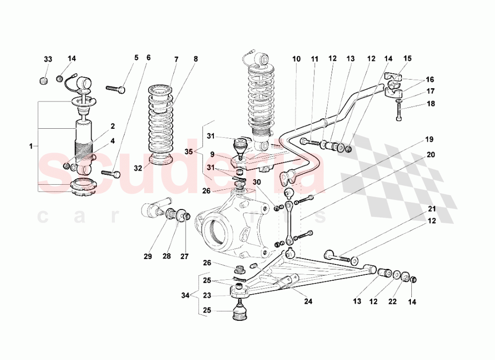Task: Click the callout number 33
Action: point(48,59)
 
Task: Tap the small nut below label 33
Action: point(44,81)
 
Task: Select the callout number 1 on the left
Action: point(31,146)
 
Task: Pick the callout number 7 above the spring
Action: point(176,59)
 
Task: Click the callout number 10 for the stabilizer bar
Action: point(296,59)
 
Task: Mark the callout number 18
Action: point(430,104)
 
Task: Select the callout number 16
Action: point(430,79)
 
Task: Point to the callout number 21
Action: point(431,208)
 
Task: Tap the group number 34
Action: point(184,296)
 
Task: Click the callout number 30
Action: point(256,182)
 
